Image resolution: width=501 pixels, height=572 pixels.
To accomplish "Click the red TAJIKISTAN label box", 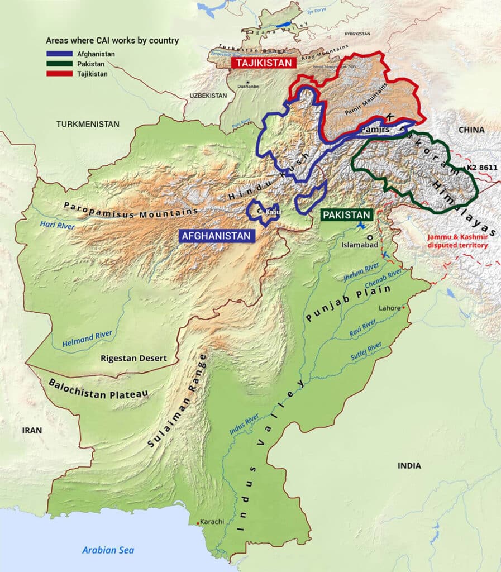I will (x=263, y=63).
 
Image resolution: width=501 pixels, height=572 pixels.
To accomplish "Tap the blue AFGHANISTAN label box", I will (x=216, y=236).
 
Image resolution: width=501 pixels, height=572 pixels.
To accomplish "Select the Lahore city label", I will (x=389, y=308).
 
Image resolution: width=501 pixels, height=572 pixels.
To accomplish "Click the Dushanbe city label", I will (x=246, y=87).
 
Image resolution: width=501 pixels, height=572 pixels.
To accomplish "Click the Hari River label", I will (x=58, y=225).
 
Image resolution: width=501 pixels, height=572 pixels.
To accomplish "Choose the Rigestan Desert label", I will (x=133, y=358).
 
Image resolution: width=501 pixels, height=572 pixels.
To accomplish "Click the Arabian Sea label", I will (x=108, y=550).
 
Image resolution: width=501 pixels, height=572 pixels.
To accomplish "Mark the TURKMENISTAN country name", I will (x=88, y=123).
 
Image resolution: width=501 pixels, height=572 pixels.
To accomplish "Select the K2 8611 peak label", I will (x=481, y=168).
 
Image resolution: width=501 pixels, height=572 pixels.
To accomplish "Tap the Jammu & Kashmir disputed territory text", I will (x=457, y=241).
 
